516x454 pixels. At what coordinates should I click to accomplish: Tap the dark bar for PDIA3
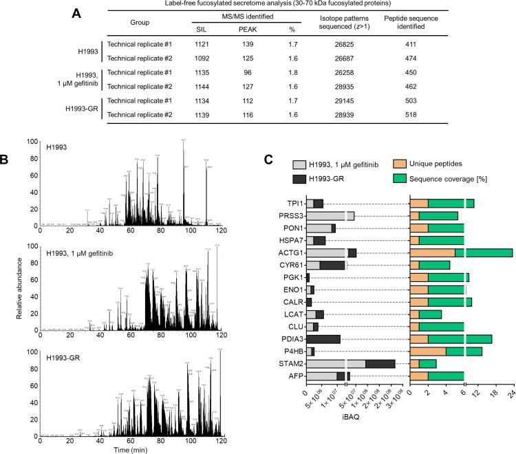click(x=323, y=338)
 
